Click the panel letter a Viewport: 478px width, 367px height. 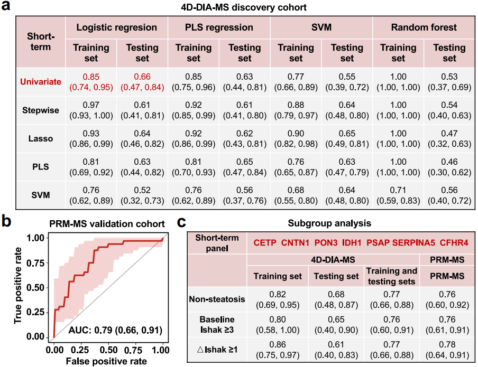click(x=7, y=7)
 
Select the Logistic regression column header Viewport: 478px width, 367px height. click(x=117, y=27)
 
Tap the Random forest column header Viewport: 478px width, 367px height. click(x=424, y=27)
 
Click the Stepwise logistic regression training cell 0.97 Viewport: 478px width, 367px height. click(x=91, y=105)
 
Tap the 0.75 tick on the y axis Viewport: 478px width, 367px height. click(x=42, y=262)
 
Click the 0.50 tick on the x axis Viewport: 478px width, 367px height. click(x=108, y=349)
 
